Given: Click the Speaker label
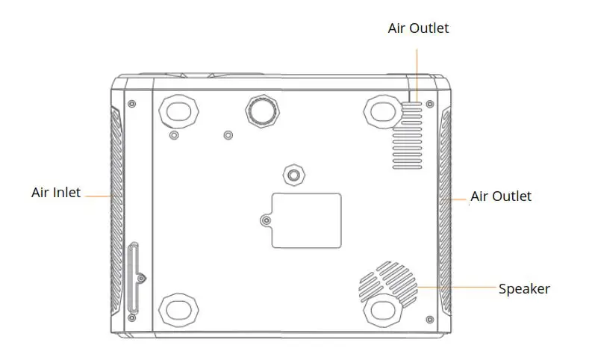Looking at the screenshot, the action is coord(524,289).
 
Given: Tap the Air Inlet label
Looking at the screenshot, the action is coord(56,192).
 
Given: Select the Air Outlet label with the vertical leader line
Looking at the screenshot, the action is coord(418,28).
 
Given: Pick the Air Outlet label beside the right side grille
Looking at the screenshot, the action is coord(501,196).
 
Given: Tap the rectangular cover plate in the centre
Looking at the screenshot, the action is coord(306,220).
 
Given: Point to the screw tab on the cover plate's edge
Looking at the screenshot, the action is coord(267,220).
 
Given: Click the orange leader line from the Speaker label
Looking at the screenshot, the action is coord(455,288).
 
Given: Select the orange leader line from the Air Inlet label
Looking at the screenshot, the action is coord(97,196).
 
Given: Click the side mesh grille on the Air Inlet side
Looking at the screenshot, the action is coord(117,209).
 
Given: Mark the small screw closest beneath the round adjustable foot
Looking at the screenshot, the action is coord(228,135).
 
